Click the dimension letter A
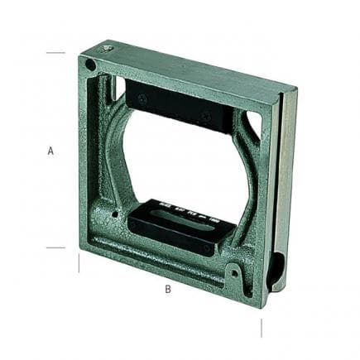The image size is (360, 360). (x=50, y=151)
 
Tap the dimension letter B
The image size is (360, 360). (x=168, y=289)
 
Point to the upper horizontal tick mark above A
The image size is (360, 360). (x=55, y=52)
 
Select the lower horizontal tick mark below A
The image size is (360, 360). (x=55, y=247)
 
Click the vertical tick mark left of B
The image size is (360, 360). (x=79, y=263)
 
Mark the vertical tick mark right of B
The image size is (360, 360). (x=262, y=328)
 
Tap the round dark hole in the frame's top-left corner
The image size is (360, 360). (x=90, y=65)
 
